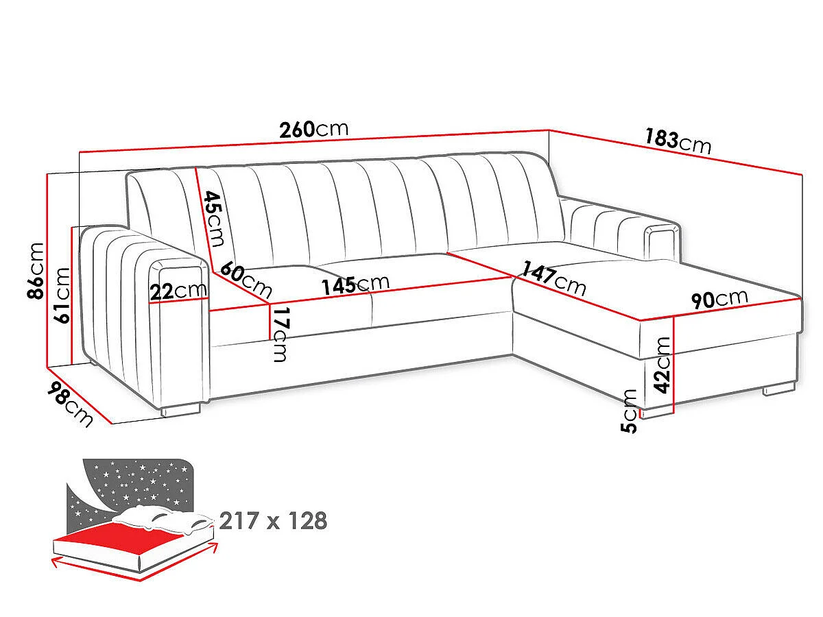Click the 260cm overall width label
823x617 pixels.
[314, 130]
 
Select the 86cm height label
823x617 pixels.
[36, 271]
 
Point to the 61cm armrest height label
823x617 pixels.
[62, 295]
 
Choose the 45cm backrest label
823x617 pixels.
[213, 219]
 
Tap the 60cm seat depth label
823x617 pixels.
[246, 280]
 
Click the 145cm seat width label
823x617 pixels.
[355, 285]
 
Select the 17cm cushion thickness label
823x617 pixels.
[281, 335]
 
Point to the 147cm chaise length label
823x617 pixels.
[553, 278]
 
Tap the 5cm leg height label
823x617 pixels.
[629, 411]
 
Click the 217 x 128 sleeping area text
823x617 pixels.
[273, 521]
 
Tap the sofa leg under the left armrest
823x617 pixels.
[180, 409]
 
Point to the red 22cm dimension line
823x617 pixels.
[178, 300]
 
